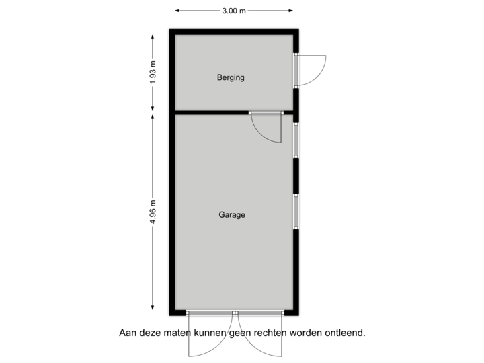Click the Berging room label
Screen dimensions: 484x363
[x=231, y=77]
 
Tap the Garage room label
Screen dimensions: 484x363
[x=232, y=216]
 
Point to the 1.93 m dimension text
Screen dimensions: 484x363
[x=153, y=72]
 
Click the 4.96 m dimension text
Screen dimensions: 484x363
[x=153, y=212]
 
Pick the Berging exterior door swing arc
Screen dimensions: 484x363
[x=316, y=70]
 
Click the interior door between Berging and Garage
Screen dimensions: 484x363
[x=266, y=127]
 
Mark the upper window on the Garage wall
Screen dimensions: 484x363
[x=295, y=140]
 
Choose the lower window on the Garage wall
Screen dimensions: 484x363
[x=295, y=211]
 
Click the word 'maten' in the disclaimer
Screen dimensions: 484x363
[x=177, y=332]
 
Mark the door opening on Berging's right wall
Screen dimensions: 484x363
[x=295, y=70]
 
